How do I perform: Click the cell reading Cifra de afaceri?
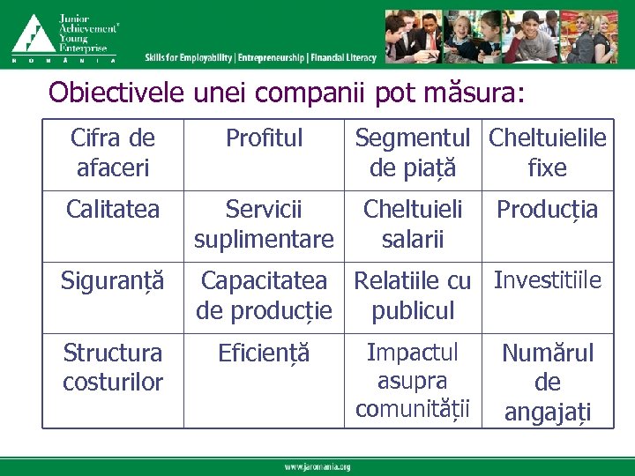[x=112, y=152]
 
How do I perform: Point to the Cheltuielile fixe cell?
[x=547, y=152]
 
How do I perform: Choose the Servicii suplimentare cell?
[x=264, y=224]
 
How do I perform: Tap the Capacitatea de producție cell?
[x=264, y=295]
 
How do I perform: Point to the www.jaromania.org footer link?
[x=317, y=466]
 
